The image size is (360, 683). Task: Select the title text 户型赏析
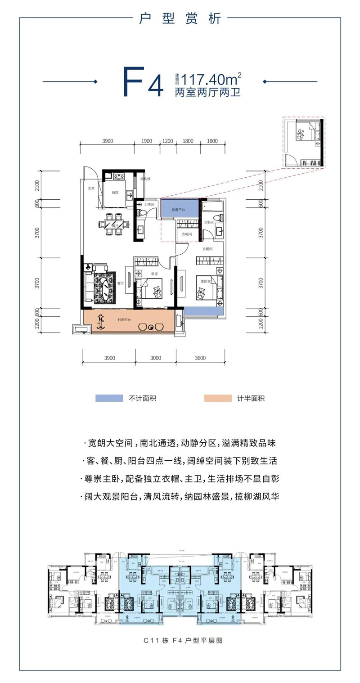coord(180,19)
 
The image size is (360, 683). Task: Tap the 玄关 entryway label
coord(91,188)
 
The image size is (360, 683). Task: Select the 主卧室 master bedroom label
coord(206,279)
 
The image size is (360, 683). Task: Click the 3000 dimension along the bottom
coord(155,358)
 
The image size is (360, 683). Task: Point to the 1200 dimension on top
coord(168,141)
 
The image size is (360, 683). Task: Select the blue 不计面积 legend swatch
coord(109,398)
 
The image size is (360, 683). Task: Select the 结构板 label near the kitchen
coord(144,179)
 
